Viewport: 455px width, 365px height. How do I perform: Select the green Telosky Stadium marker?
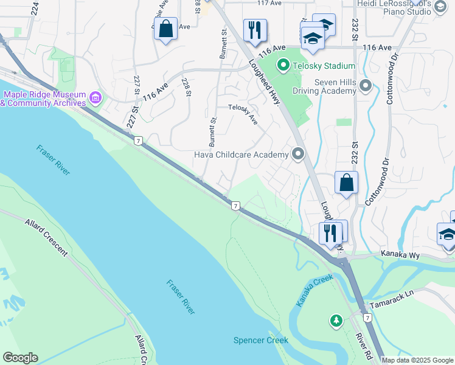pos(283,65)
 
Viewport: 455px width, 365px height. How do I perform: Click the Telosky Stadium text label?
pos(323,66)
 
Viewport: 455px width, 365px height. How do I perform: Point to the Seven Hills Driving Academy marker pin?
pos(366,86)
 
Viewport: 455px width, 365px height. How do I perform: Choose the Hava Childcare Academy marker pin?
pos(298,155)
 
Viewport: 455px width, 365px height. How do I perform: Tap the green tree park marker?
pos(335,319)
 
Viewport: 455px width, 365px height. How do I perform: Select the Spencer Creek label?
pos(260,340)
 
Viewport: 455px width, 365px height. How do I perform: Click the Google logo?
pos(20,358)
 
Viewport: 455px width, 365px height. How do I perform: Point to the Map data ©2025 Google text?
pos(417,360)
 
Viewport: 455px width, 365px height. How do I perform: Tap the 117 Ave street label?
pos(269,3)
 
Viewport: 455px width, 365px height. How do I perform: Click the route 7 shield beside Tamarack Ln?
pos(367,318)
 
